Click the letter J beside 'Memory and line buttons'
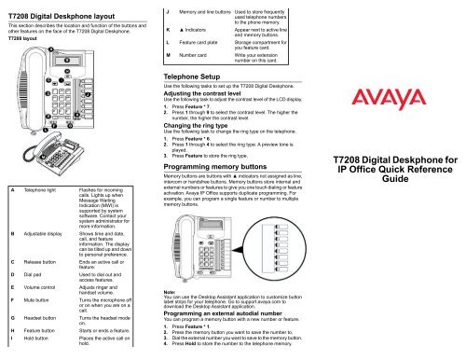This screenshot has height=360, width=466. point(165,8)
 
